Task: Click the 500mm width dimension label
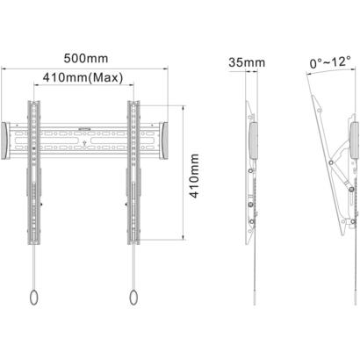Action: click(86, 59)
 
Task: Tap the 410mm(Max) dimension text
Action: click(83, 77)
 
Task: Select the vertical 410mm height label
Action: click(195, 176)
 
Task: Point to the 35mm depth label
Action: click(247, 62)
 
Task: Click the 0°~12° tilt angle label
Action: click(330, 62)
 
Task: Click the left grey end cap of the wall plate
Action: click(4, 140)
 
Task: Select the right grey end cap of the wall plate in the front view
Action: click(164, 140)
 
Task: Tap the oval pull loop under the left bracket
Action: click(34, 298)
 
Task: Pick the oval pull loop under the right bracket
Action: click(133, 298)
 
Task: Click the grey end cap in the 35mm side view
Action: click(253, 140)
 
